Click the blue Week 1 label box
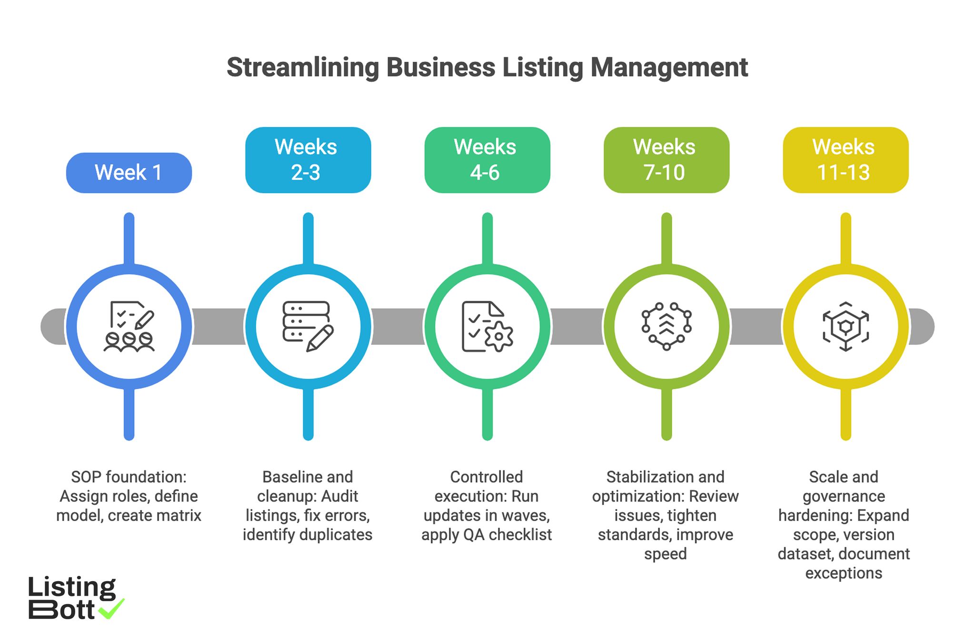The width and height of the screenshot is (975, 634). coord(129,172)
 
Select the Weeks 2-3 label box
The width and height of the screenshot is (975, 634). coord(308,160)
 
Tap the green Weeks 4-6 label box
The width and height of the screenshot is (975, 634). coord(487,160)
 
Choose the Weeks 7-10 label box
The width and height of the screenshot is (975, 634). coord(666,160)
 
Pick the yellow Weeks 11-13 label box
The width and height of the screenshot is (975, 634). coord(845,160)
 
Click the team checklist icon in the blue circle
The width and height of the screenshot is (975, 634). coord(129,326)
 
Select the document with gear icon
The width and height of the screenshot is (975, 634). coord(487,326)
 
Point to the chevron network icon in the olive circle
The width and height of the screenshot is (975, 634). coord(667,326)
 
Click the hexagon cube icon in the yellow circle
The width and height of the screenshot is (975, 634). coord(846,326)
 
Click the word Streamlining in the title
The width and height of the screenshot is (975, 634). coord(303,67)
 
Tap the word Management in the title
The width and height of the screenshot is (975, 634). coord(669,67)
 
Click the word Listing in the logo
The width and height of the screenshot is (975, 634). coord(71,587)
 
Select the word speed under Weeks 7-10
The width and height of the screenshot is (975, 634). coord(665,554)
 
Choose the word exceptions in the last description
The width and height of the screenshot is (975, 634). coord(844,573)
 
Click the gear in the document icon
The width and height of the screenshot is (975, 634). coord(498,337)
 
